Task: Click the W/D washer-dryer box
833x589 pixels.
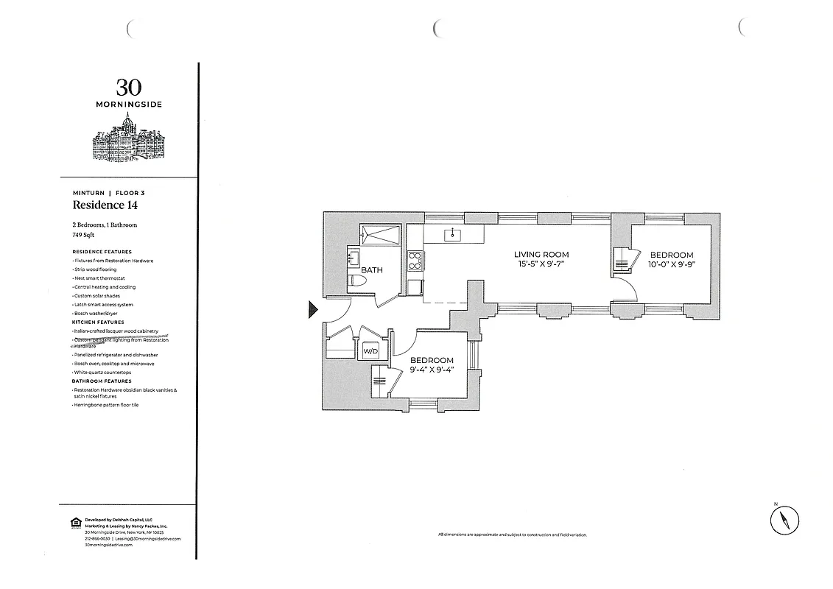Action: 370,352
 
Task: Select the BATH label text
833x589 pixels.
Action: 372,270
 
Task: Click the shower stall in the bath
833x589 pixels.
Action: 380,235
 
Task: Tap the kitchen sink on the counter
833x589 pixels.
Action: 452,235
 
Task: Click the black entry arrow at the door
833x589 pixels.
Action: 312,311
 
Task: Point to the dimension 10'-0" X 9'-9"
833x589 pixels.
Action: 671,264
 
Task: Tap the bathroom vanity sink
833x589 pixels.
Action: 352,258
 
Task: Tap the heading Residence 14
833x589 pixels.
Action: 105,205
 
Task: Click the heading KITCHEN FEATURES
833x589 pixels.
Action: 98,322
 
